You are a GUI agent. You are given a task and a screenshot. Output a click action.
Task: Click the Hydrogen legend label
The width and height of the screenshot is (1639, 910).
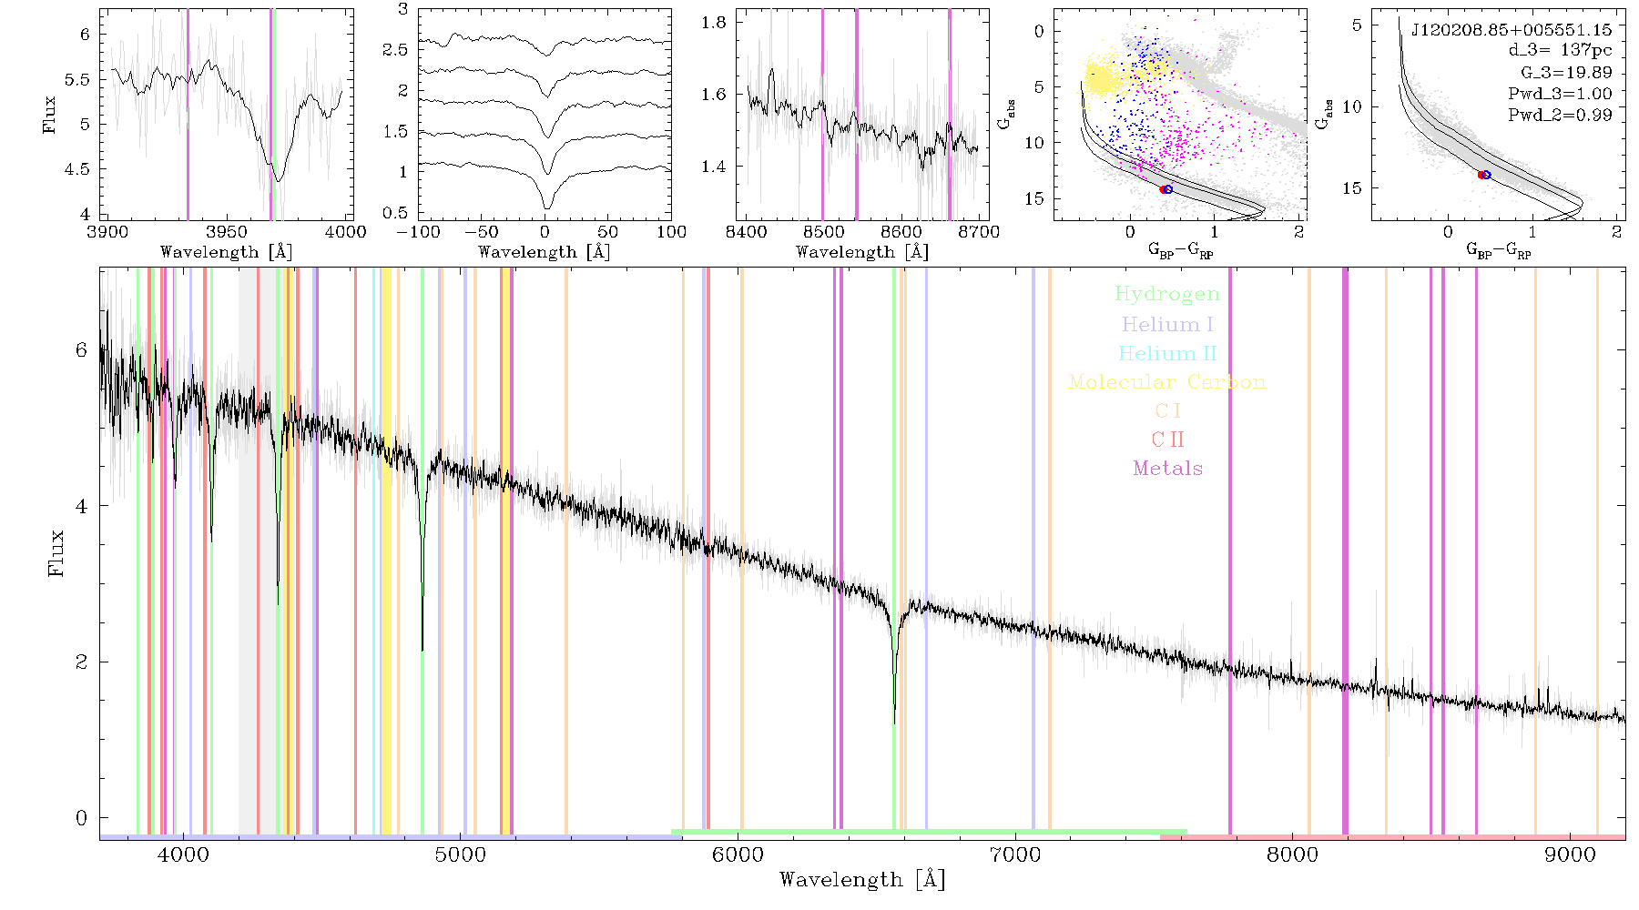(x=1166, y=294)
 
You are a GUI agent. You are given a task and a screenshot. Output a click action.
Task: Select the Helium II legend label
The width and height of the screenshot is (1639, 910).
(x=1167, y=353)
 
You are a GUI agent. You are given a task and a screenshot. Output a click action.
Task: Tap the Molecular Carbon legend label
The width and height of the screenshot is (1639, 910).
(x=1167, y=382)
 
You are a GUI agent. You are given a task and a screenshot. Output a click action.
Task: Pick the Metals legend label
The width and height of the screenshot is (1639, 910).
(x=1167, y=469)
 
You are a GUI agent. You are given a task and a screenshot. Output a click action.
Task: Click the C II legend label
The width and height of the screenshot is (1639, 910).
(x=1167, y=440)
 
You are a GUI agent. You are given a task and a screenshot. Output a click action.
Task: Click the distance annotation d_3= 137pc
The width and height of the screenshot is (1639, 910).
(x=1560, y=51)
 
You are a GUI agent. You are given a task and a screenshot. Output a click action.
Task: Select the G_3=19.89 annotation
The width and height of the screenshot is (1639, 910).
(x=1566, y=73)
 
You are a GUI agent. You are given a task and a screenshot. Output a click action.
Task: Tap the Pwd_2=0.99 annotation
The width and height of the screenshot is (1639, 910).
(x=1560, y=116)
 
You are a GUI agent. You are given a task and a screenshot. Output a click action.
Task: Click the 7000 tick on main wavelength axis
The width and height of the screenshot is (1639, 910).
(x=1014, y=855)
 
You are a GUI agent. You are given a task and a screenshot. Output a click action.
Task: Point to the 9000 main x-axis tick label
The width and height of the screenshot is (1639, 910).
(x=1570, y=855)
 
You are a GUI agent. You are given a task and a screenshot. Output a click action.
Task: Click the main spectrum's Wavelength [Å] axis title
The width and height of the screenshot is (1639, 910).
(x=861, y=880)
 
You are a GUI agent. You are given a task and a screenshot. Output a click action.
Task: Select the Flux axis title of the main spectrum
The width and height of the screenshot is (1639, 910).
(x=56, y=553)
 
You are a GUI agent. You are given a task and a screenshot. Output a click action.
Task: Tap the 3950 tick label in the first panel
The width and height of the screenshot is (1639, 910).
(x=227, y=231)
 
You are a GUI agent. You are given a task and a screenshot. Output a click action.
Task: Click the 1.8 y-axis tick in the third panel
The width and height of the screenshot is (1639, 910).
(x=714, y=23)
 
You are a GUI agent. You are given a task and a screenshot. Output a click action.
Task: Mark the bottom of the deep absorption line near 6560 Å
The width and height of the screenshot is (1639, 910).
(x=894, y=723)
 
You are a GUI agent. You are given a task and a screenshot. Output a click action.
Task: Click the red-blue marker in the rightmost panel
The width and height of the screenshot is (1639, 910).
(x=1484, y=175)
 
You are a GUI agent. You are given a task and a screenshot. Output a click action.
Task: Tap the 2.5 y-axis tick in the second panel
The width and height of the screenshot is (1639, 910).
(x=395, y=50)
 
